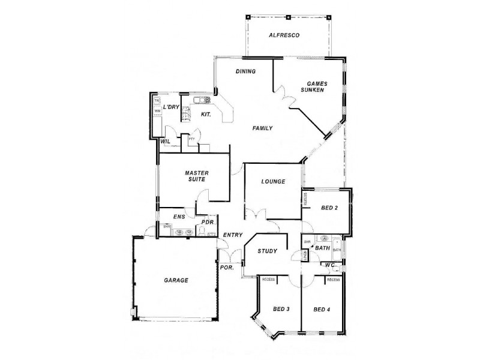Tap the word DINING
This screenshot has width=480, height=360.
(x=245, y=71)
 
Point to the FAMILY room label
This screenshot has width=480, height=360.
(x=262, y=128)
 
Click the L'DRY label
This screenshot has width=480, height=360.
(x=172, y=107)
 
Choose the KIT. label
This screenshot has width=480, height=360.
(x=205, y=113)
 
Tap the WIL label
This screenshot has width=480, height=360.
(x=166, y=142)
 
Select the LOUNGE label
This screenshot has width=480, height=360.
(x=273, y=182)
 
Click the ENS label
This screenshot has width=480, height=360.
(x=178, y=217)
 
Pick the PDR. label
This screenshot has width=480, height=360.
(x=208, y=222)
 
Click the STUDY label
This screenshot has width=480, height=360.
(x=267, y=251)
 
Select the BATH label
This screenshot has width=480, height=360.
(x=323, y=248)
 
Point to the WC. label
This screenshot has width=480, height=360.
(x=329, y=265)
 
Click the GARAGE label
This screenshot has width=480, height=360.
(x=176, y=280)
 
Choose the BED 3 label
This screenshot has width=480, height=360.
(x=281, y=309)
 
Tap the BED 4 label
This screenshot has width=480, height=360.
(x=322, y=309)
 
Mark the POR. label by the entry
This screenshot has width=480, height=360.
(x=227, y=268)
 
